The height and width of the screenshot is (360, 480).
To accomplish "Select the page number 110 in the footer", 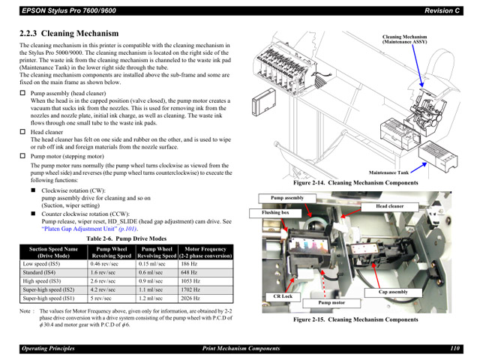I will (454, 349).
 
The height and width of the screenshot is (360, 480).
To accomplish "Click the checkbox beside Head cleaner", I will (22, 131).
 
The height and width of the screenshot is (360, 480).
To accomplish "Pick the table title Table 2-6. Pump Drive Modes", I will (126, 238).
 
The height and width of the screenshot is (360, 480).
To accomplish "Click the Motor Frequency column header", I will (205, 251).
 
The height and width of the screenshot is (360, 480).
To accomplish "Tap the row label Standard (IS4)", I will (42, 272).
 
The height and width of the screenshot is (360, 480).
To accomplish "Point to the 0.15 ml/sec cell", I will (151, 264).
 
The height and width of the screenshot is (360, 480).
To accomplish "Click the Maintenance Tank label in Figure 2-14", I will (388, 172).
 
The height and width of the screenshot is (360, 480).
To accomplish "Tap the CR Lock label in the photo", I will (282, 297).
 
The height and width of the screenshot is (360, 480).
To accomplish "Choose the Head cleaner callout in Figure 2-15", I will (385, 205).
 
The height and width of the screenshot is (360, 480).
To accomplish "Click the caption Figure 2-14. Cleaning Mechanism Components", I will (355, 183).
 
